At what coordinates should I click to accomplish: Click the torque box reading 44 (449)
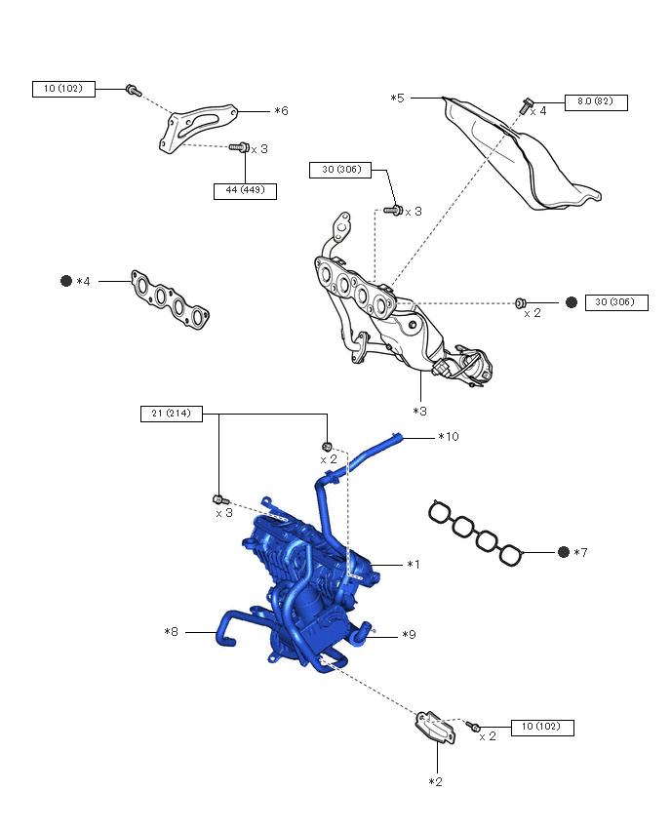245,191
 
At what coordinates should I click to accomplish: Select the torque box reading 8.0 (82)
595,101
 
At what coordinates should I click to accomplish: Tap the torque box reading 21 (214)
171,414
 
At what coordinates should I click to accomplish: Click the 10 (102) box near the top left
63,89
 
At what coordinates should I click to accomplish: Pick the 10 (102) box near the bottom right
541,727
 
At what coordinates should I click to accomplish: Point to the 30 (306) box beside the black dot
615,302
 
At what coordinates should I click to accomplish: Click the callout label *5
397,98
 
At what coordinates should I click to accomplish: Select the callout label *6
281,111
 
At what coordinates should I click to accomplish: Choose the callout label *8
172,632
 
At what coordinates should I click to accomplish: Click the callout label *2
436,781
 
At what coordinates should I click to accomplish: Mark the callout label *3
419,411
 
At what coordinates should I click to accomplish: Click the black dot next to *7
564,552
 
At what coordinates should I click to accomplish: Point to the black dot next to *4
66,281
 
